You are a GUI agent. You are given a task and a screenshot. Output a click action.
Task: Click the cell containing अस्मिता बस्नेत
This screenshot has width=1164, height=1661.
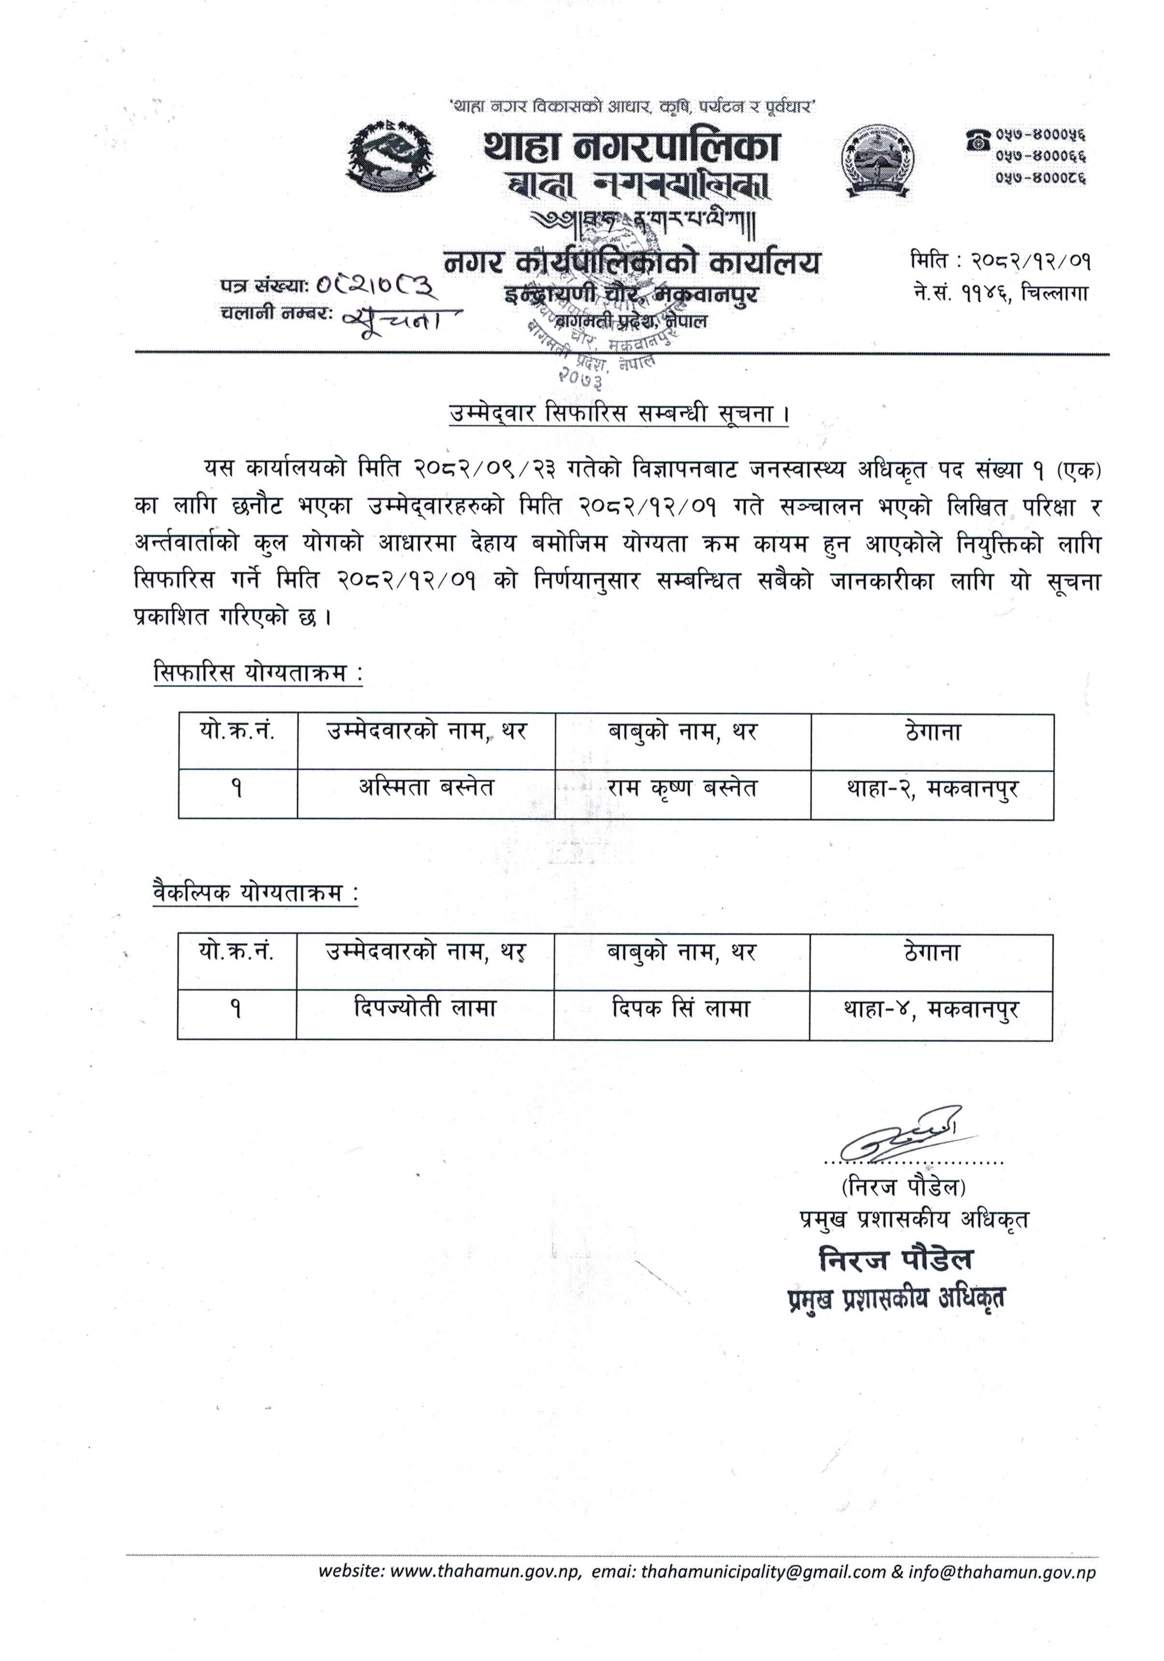coord(426,788)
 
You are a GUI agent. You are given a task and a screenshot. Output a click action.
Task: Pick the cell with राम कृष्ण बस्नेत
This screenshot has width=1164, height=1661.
coord(682,788)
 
